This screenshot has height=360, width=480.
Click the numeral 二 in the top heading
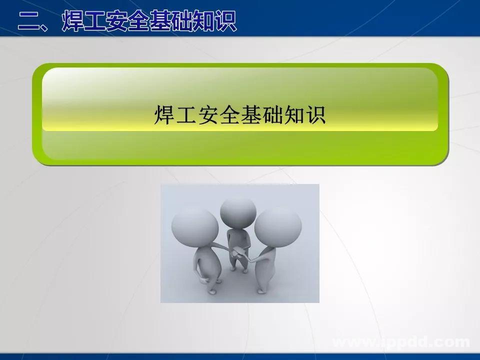pyautogui.click(x=29, y=21)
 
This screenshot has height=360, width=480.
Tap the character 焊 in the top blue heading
pyautogui.click(x=73, y=20)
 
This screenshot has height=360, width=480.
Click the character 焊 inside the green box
pyautogui.click(x=164, y=114)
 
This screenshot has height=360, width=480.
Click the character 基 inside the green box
pyautogui.click(x=250, y=114)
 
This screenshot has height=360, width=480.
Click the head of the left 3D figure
pyautogui.click(x=195, y=225)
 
